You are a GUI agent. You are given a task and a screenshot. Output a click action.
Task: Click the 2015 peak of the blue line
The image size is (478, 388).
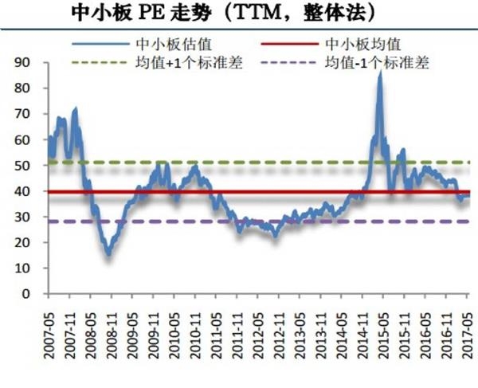tap(379, 73)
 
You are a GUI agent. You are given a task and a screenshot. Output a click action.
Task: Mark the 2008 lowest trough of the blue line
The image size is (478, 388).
tap(108, 253)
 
